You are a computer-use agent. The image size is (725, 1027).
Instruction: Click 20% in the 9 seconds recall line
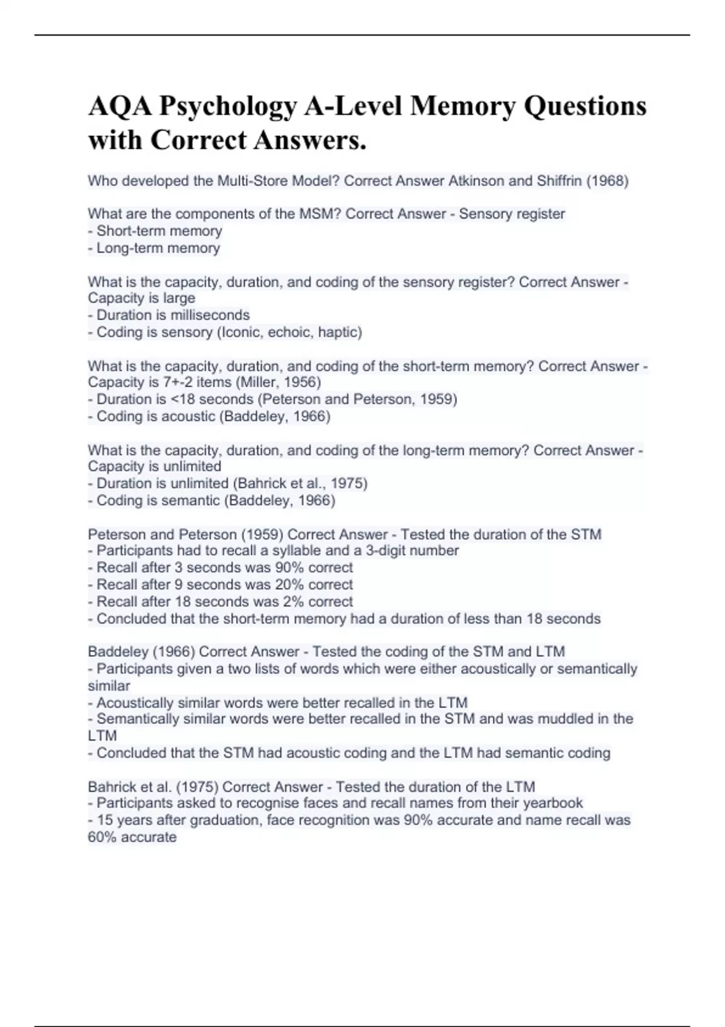(x=289, y=585)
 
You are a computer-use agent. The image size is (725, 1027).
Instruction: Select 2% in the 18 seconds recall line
(x=294, y=602)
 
